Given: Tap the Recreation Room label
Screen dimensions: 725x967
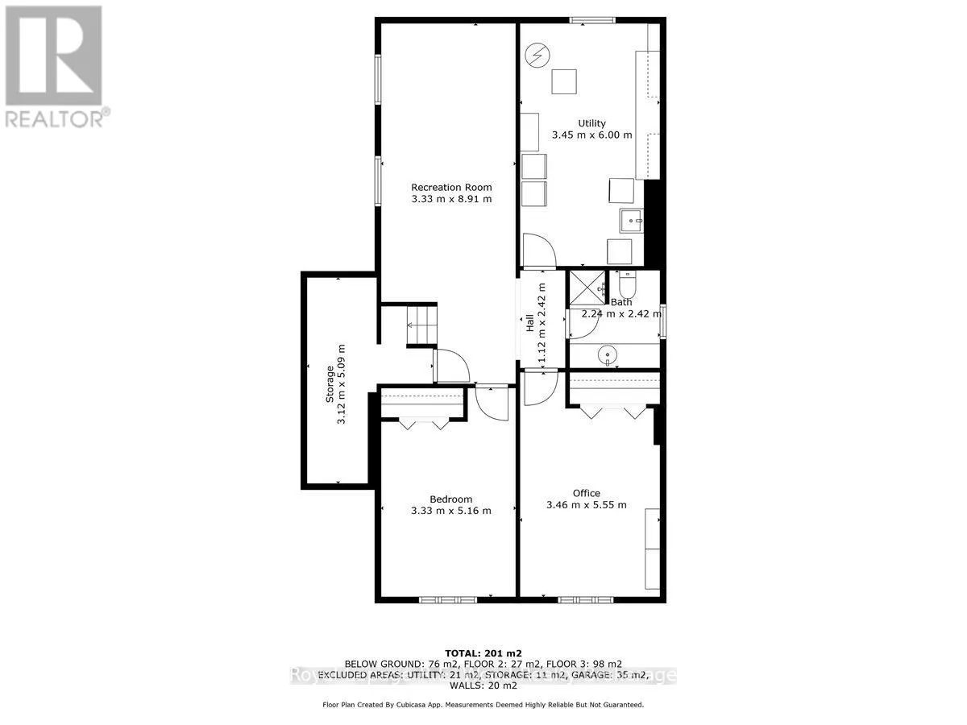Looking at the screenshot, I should (450, 187).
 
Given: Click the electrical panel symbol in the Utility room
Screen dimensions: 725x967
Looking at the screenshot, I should (535, 56).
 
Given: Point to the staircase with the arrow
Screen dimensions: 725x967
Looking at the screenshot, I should (421, 325).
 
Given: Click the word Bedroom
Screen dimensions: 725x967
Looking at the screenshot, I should (450, 499).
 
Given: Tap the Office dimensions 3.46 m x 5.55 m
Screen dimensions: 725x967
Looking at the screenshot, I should (586, 505).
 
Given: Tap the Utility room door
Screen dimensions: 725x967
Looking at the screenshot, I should (537, 250).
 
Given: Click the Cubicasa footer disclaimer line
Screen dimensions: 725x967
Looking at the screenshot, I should (483, 704).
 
